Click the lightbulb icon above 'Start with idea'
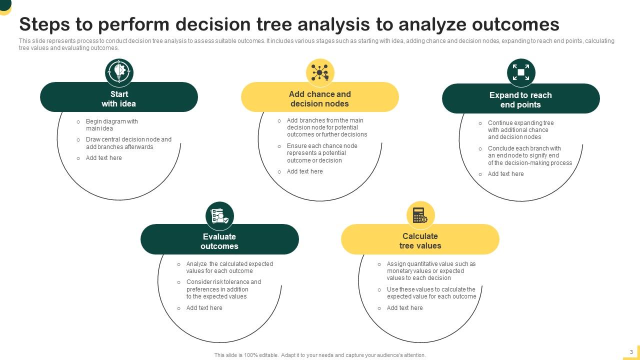click(119, 72)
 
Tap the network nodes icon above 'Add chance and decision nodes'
click(320, 72)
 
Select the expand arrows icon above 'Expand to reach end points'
click(521, 72)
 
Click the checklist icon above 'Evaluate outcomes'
click(219, 216)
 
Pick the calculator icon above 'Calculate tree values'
click(420, 215)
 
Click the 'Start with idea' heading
click(119, 99)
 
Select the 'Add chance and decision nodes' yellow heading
click(320, 99)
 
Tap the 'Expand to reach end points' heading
click(520, 100)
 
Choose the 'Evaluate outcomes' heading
click(219, 241)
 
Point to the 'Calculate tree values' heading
click(420, 241)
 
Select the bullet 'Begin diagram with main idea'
click(111, 125)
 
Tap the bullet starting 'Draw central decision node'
click(128, 143)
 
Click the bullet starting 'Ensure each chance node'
click(321, 153)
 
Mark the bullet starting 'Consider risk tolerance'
click(223, 289)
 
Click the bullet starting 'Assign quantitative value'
click(430, 271)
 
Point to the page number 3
click(631, 352)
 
